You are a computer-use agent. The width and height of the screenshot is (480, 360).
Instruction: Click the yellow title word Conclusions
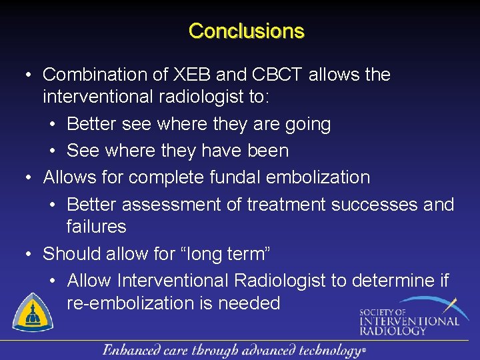[246, 31]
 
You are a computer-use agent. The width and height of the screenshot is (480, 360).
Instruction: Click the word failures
[96, 227]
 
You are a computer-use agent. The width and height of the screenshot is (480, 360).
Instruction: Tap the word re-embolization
[131, 303]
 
